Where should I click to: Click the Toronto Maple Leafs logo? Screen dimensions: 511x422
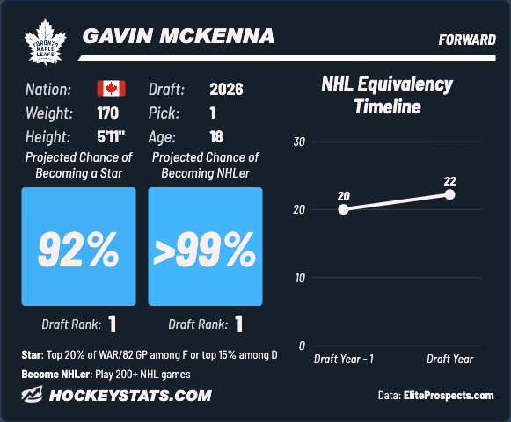(46, 41)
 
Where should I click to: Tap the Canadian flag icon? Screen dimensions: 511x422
(111, 88)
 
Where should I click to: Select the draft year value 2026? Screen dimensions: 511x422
(226, 89)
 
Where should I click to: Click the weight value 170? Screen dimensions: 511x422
(108, 113)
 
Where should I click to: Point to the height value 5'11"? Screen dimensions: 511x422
(111, 136)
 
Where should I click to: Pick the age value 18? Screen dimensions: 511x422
(216, 136)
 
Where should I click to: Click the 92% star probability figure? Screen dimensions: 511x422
(78, 249)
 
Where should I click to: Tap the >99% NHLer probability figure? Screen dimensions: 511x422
(205, 249)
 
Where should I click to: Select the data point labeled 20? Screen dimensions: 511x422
(343, 209)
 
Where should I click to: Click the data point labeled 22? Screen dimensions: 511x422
(449, 194)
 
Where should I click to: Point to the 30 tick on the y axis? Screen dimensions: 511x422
(299, 142)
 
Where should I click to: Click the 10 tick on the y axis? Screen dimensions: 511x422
(300, 278)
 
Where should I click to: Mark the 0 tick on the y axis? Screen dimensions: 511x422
(302, 346)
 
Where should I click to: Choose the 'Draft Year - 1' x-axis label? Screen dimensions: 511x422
(344, 359)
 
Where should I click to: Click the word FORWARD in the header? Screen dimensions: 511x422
(467, 40)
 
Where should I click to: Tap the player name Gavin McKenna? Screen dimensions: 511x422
(179, 35)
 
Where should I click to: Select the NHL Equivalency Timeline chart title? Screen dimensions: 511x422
(387, 95)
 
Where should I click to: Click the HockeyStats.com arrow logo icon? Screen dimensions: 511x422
(32, 394)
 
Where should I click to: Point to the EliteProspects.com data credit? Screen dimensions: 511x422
(449, 396)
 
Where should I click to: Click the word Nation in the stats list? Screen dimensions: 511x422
(48, 90)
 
